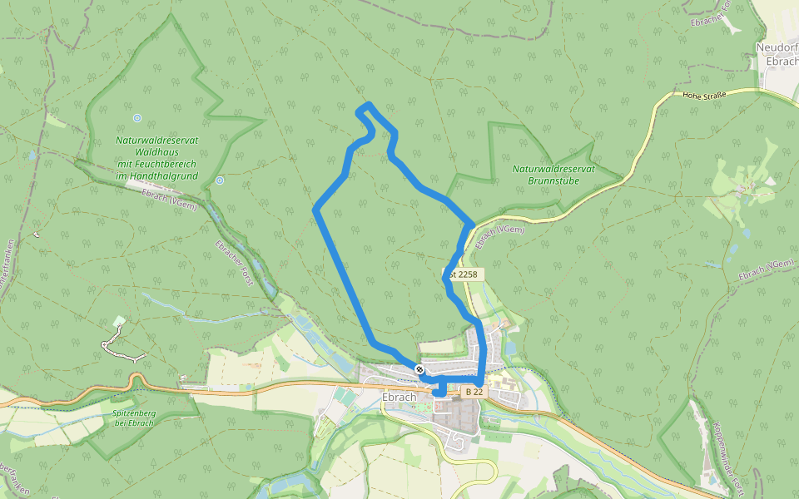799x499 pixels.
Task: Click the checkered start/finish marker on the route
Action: pos(420,369)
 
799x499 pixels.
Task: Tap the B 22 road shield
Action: pos(474,391)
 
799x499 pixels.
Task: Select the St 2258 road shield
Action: pos(463,273)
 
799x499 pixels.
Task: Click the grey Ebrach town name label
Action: pos(399,397)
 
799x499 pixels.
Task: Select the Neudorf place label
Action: pos(777,48)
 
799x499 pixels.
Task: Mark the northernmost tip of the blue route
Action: pos(368,105)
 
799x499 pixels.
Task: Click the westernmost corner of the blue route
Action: pos(315,209)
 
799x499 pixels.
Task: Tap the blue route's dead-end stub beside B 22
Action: pos(439,393)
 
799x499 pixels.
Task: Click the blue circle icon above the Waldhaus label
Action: pos(136,118)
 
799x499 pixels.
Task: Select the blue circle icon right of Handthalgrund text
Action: pos(220,180)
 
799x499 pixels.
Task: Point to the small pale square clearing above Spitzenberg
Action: pos(119,321)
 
